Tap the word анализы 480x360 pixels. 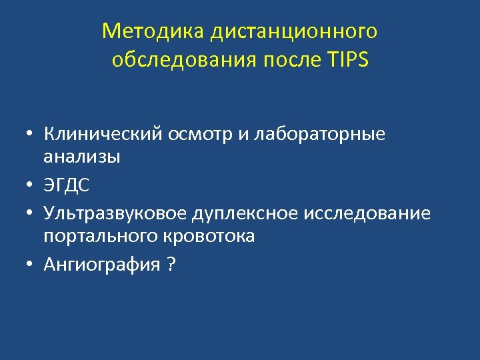82,157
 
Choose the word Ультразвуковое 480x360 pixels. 115,213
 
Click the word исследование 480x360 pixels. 367,213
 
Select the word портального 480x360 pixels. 101,236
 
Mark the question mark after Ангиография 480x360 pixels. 172,265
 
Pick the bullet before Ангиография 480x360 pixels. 31,265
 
